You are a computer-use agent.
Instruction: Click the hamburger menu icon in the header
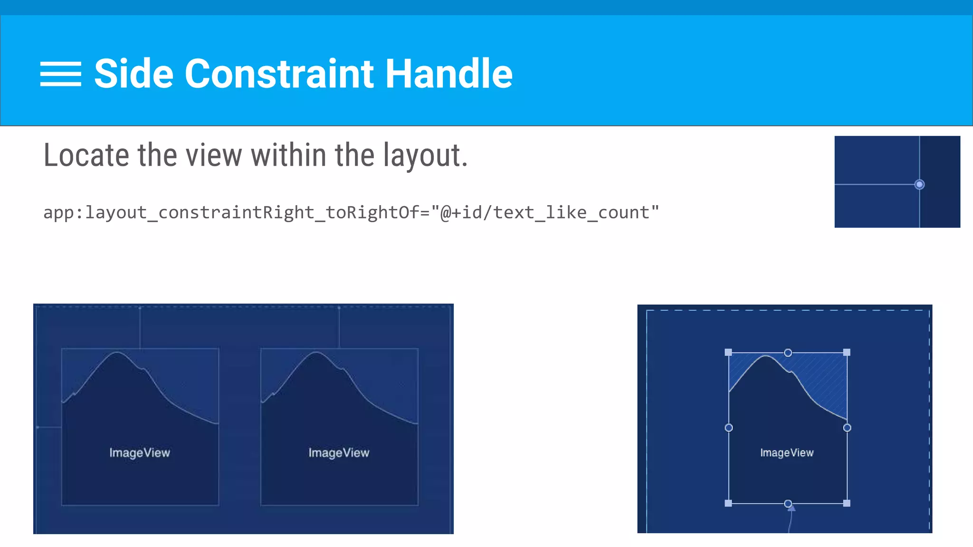click(x=60, y=74)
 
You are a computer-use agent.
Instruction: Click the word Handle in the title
click(x=448, y=74)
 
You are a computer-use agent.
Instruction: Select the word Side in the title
click(x=134, y=74)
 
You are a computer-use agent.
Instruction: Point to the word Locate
click(x=86, y=155)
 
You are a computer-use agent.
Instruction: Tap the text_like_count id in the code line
click(x=570, y=212)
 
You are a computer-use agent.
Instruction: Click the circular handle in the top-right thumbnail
click(x=919, y=184)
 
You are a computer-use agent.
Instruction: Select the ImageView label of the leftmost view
click(x=140, y=453)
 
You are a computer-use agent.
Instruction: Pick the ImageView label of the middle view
click(x=339, y=453)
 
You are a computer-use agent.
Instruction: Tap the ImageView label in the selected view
click(x=787, y=453)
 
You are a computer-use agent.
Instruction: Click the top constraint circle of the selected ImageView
click(x=788, y=353)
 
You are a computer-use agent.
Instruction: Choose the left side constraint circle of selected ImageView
click(x=729, y=428)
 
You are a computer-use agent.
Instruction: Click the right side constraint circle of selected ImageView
click(x=847, y=428)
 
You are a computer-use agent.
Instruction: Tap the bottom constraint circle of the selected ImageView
click(x=788, y=503)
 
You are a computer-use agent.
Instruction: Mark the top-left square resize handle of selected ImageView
click(x=728, y=352)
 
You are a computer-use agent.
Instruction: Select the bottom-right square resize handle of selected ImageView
click(x=847, y=503)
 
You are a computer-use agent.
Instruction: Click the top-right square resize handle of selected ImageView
click(x=847, y=352)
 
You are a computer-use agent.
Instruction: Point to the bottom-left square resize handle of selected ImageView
click(x=728, y=503)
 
